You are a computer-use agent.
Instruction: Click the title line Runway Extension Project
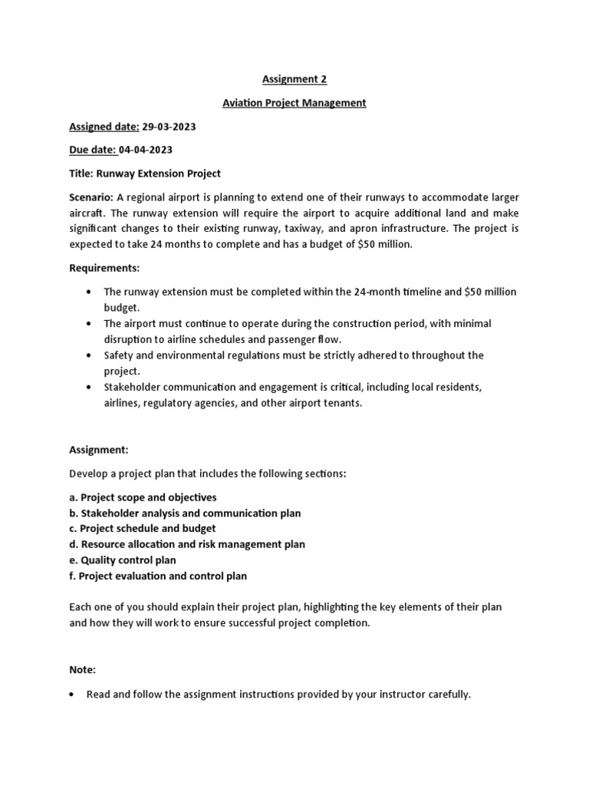click(145, 173)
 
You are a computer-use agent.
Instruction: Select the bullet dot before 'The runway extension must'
click(90, 292)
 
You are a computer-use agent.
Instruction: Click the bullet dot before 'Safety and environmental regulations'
click(90, 355)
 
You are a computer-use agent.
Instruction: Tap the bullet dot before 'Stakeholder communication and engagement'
click(90, 387)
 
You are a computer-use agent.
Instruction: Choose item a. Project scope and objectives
click(143, 497)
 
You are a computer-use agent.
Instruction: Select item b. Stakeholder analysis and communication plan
click(185, 513)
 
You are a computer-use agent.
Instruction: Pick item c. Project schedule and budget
click(143, 529)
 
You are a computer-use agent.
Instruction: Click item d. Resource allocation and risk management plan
click(187, 544)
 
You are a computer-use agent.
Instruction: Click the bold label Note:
click(83, 670)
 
